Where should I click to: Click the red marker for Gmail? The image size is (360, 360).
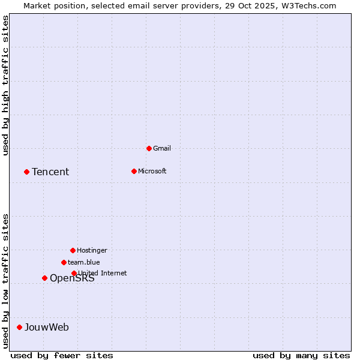click(x=149, y=148)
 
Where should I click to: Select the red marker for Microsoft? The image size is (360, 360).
click(x=134, y=171)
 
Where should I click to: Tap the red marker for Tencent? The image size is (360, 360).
click(x=26, y=172)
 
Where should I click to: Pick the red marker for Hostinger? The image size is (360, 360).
click(x=73, y=250)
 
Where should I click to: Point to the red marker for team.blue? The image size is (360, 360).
click(x=64, y=262)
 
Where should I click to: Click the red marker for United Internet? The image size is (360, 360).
click(x=74, y=273)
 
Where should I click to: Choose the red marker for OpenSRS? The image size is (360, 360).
click(x=44, y=278)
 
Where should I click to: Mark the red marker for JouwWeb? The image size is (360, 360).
click(x=19, y=327)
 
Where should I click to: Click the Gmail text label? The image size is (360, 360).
click(x=162, y=148)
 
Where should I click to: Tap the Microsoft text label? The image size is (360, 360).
click(x=152, y=171)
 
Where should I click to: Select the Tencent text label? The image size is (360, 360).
click(x=50, y=172)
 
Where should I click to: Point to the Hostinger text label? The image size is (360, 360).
click(x=92, y=250)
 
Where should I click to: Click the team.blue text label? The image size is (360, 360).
click(x=84, y=262)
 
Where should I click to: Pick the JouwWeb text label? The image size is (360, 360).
click(x=47, y=328)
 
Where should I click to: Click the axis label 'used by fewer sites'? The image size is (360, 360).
click(x=62, y=356)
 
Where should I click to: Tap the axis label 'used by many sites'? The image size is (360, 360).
click(x=301, y=356)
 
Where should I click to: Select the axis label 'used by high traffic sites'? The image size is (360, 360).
click(x=5, y=85)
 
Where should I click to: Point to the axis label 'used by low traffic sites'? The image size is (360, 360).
click(x=5, y=281)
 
